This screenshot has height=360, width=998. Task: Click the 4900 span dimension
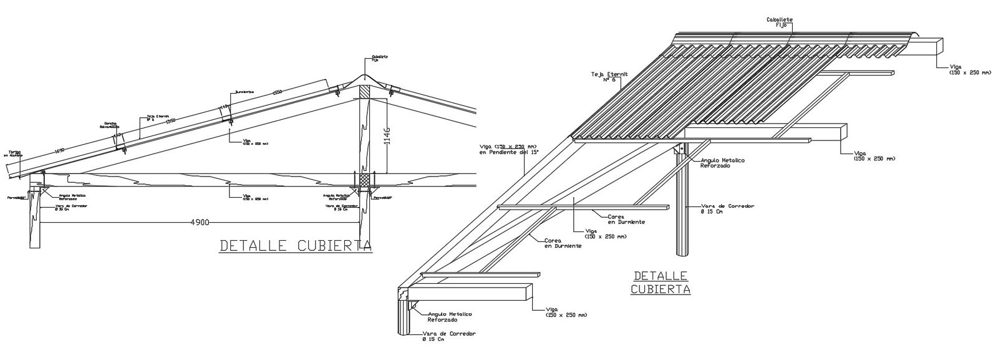point(200,221)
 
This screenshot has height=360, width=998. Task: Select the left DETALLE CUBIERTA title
point(296,246)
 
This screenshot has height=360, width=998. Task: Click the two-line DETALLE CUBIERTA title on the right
point(661,282)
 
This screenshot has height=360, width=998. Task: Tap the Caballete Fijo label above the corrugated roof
point(780,22)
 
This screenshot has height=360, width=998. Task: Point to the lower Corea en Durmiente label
point(563,243)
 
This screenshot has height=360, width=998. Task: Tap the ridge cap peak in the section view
point(364,78)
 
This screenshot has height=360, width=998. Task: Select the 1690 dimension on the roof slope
point(59,150)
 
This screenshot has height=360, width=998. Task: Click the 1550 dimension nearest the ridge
point(278,93)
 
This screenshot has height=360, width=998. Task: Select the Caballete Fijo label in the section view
point(379,58)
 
